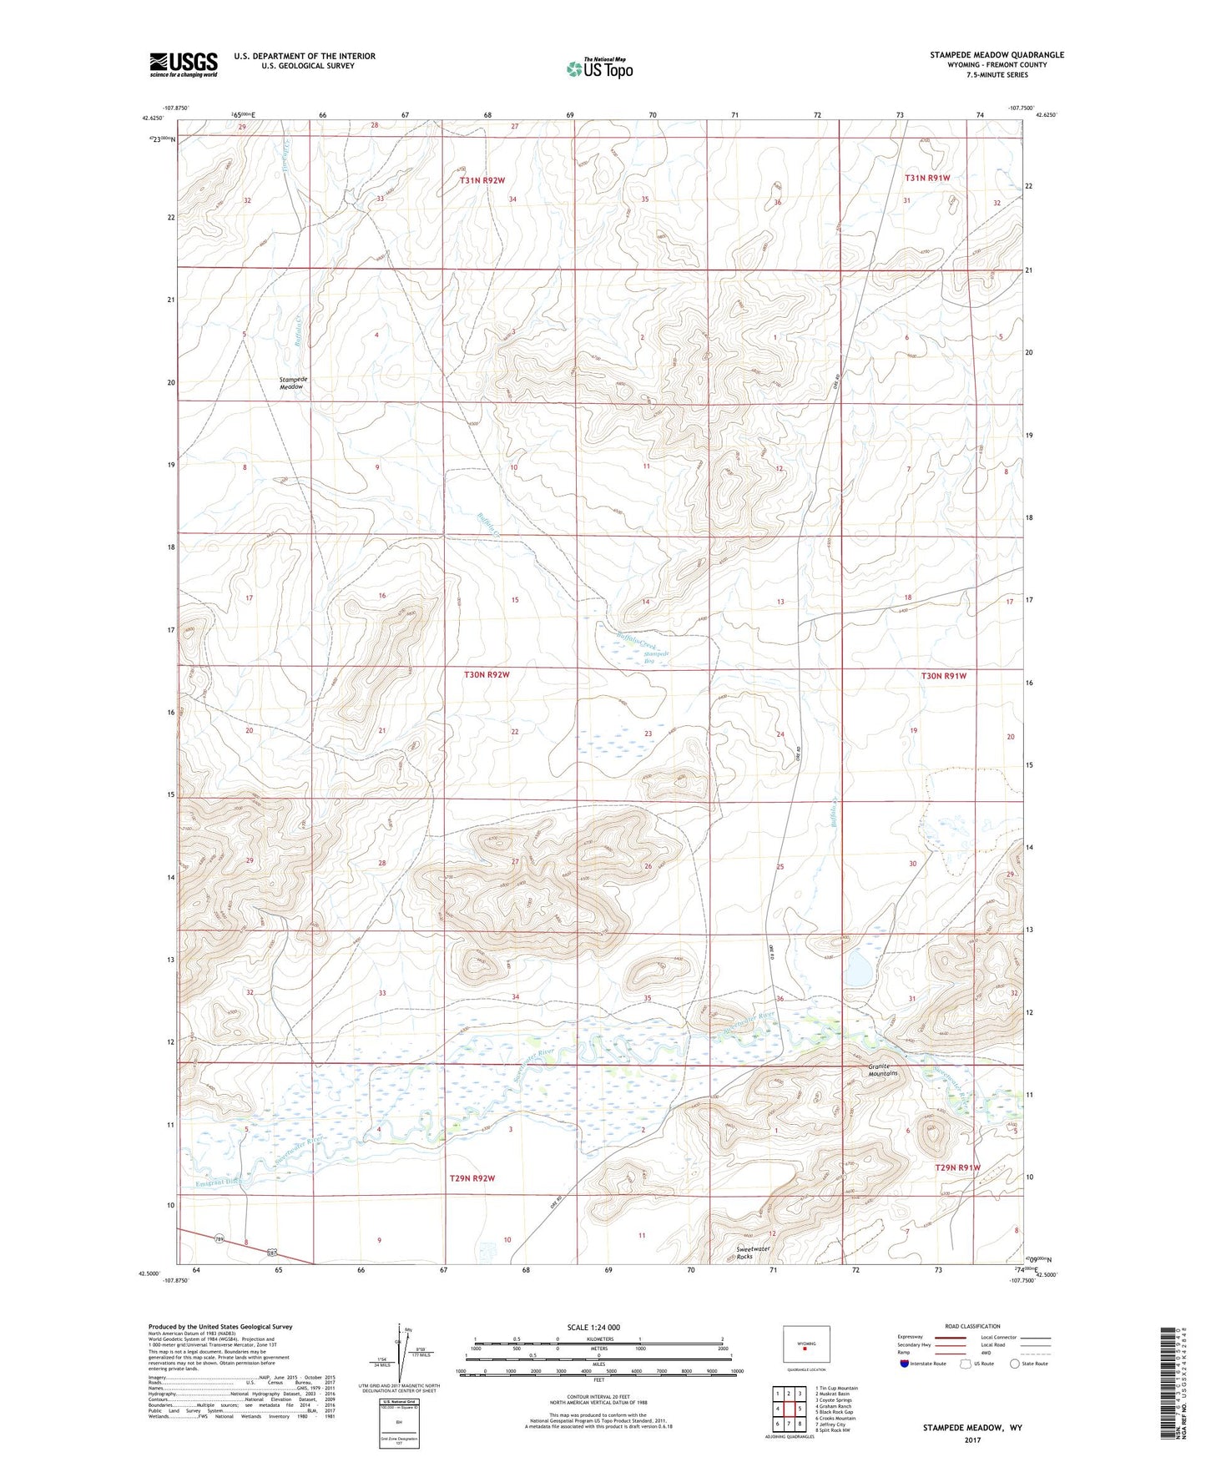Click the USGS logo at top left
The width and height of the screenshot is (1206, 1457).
tap(184, 64)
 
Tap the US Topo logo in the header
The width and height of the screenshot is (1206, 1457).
tap(598, 68)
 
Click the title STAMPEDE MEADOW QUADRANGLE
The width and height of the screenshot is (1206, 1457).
tap(997, 55)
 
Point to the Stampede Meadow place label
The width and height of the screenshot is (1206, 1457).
tap(292, 383)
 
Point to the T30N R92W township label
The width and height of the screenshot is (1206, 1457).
tap(487, 674)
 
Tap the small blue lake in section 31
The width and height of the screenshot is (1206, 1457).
tap(858, 970)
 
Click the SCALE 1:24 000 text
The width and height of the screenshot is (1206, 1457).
tap(593, 1327)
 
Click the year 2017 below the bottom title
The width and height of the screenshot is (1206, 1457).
tap(972, 1439)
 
